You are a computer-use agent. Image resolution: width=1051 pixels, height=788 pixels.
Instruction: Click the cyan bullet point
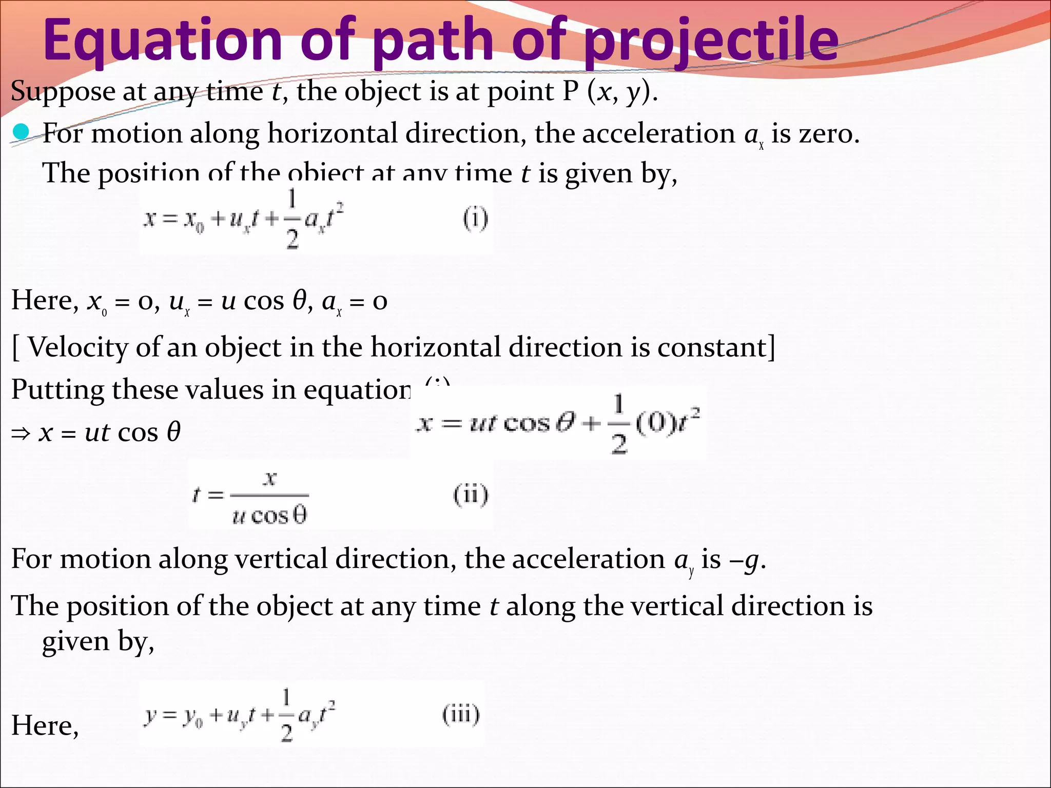(21, 133)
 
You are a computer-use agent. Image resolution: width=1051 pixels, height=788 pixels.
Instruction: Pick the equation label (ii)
(471, 495)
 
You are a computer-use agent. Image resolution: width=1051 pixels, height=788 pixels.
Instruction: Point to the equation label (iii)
(461, 715)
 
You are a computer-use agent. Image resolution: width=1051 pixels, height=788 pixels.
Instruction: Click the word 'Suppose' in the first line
(63, 92)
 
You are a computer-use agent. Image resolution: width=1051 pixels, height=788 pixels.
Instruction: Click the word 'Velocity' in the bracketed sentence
(77, 347)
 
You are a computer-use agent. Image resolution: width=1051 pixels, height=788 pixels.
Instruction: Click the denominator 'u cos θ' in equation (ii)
(269, 515)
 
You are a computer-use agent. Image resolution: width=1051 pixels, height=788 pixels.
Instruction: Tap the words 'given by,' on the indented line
(98, 641)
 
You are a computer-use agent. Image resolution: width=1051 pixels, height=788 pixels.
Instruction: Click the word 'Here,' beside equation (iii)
(45, 726)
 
